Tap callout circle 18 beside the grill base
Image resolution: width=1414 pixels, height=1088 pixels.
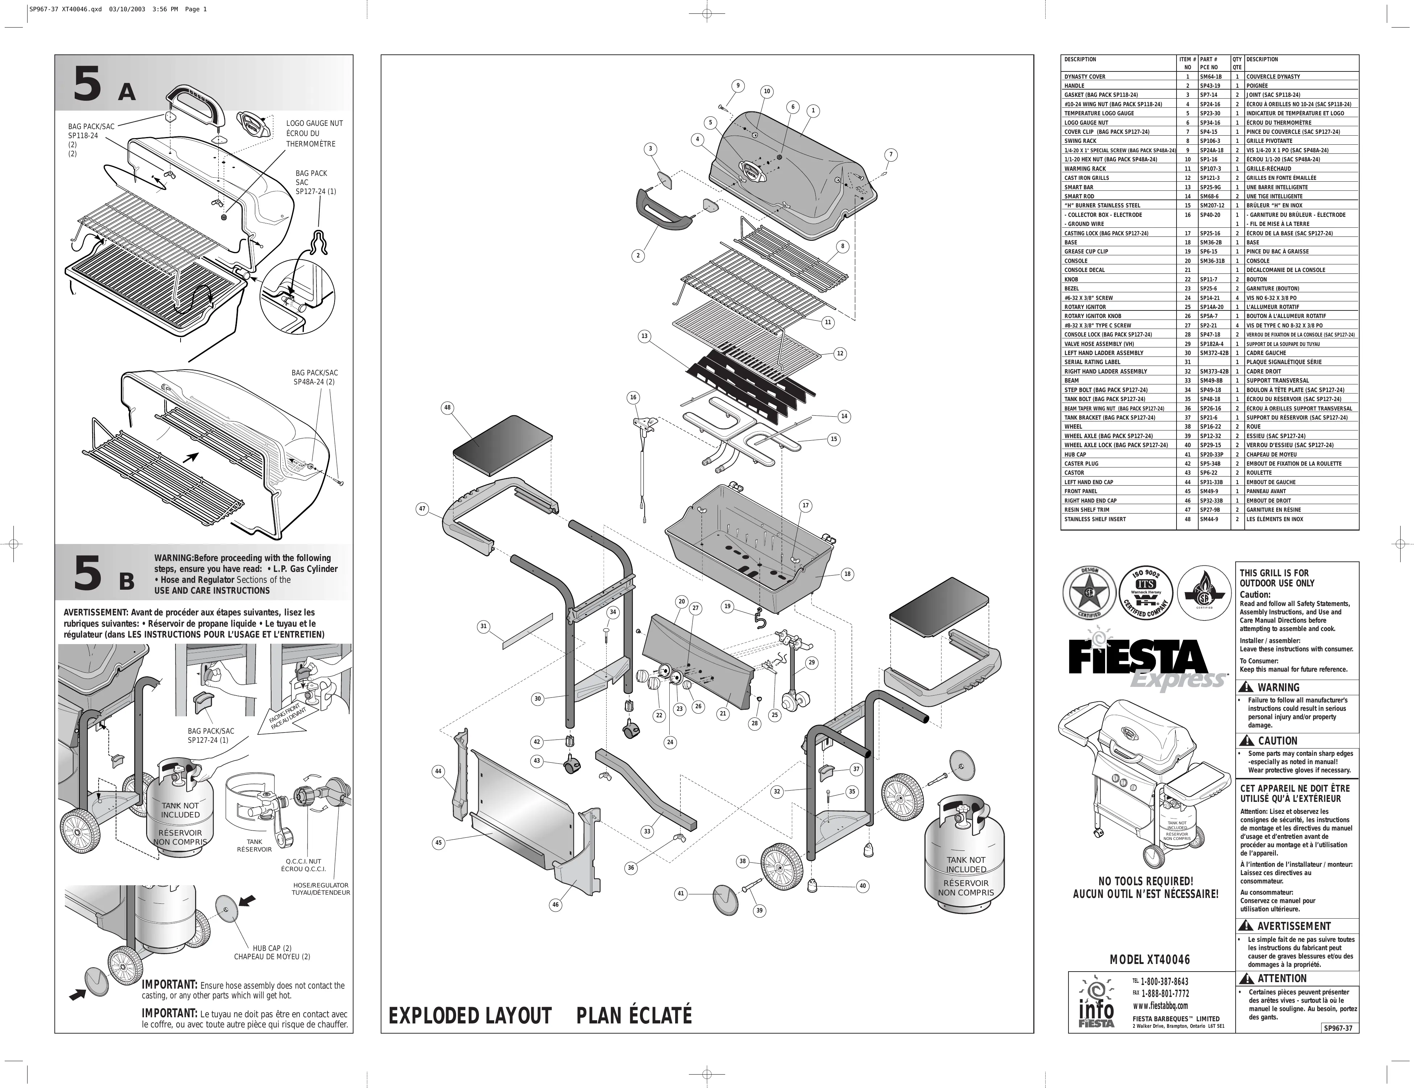click(x=847, y=574)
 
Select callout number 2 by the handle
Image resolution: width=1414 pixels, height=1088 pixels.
click(x=638, y=255)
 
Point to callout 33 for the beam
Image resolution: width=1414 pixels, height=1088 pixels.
click(x=647, y=831)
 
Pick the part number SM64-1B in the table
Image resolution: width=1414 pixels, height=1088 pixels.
click(x=1210, y=77)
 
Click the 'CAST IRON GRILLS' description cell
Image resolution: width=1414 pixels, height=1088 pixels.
click(x=1086, y=177)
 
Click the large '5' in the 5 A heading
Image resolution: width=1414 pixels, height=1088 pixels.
click(x=87, y=85)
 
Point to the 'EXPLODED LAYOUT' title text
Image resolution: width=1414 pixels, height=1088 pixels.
click(x=470, y=1015)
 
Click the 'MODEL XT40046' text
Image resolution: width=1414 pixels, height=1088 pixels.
click(x=1150, y=960)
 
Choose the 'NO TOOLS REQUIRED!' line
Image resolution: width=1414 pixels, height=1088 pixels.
click(x=1146, y=881)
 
